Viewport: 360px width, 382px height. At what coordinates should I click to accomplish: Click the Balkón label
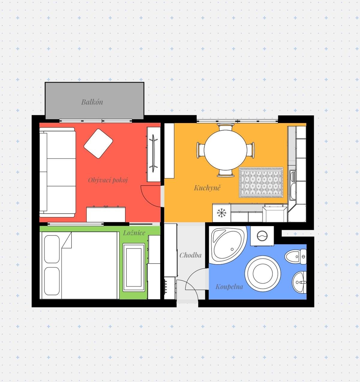coord(92,102)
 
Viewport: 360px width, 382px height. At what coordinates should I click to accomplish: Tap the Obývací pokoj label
coord(108,180)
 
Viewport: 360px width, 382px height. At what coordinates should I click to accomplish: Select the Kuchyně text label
coord(207,188)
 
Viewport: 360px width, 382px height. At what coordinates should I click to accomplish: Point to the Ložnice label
coord(134,233)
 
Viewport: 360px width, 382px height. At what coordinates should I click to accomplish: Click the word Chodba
coord(190,255)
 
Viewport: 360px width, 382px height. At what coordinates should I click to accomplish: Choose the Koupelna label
coord(229,287)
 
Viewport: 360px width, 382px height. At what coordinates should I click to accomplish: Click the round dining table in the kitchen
coord(226,150)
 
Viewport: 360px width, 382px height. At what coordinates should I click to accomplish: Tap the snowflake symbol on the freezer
coord(222,213)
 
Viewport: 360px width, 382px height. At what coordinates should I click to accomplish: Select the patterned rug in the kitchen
coord(261,182)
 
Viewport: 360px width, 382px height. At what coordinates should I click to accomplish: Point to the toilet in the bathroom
coord(295,256)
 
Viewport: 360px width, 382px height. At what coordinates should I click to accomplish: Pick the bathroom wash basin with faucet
coord(299,282)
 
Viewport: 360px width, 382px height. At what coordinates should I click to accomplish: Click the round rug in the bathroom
coord(262,274)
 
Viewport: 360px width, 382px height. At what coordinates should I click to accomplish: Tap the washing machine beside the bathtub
coord(262,236)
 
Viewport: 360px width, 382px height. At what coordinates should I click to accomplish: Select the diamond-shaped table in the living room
coord(98,144)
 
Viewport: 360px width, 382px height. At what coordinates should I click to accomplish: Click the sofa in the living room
coord(57,172)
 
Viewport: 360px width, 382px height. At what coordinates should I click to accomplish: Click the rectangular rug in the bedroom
coord(134,268)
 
